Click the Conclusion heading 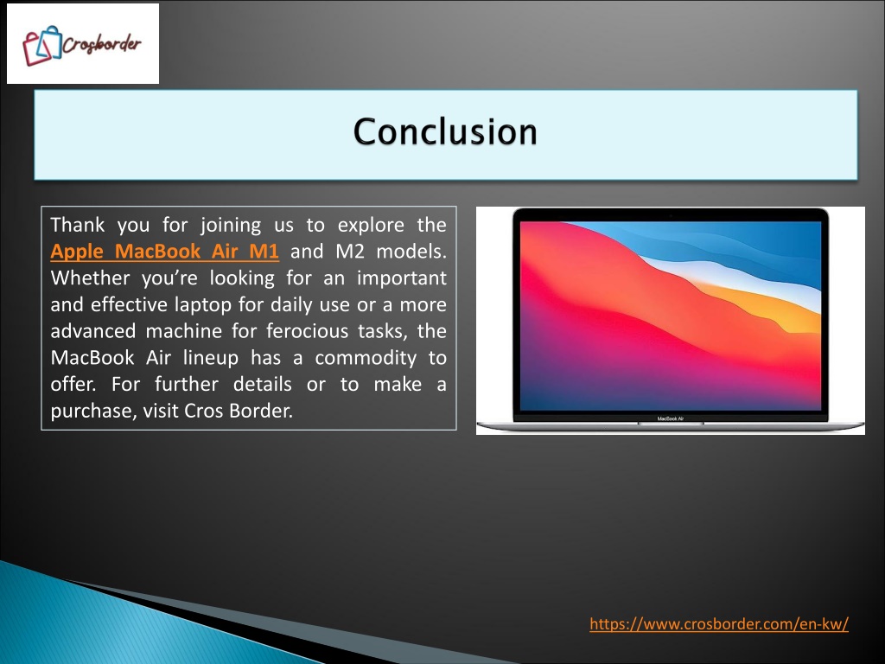445,131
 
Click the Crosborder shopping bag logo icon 41,45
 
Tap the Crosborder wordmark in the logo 102,44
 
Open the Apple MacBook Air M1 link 164,252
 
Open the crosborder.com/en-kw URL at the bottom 719,624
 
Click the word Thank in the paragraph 77,225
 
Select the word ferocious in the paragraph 307,331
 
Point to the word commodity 366,358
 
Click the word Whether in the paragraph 90,278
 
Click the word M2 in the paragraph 350,252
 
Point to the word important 402,278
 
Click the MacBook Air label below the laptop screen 671,418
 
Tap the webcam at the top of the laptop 671,215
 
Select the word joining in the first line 231,226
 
